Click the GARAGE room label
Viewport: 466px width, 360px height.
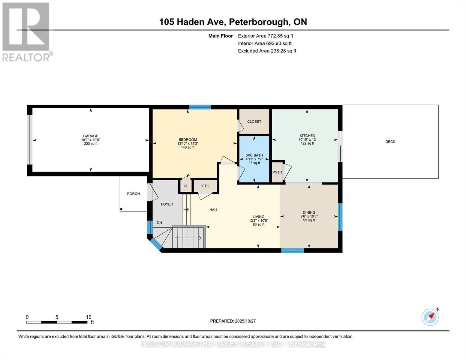91,136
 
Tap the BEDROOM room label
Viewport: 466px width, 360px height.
188,140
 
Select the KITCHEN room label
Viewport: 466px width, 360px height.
307,136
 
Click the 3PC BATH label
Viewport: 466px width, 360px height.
254,155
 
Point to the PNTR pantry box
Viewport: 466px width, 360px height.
277,172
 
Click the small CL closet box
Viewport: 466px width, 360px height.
186,186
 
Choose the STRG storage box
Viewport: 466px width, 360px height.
206,186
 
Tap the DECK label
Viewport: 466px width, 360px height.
390,142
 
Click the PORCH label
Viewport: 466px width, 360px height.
133,194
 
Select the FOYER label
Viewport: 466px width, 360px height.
167,204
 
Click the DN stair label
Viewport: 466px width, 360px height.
159,223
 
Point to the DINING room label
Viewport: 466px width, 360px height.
309,212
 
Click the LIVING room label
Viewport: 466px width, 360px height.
258,217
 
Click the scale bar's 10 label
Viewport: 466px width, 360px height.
89,317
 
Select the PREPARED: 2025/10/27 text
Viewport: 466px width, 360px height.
233,321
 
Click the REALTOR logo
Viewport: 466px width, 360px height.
26,31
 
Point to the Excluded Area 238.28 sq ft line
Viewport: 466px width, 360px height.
267,51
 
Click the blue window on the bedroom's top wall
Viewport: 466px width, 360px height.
200,107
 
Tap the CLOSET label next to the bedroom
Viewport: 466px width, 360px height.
254,121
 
